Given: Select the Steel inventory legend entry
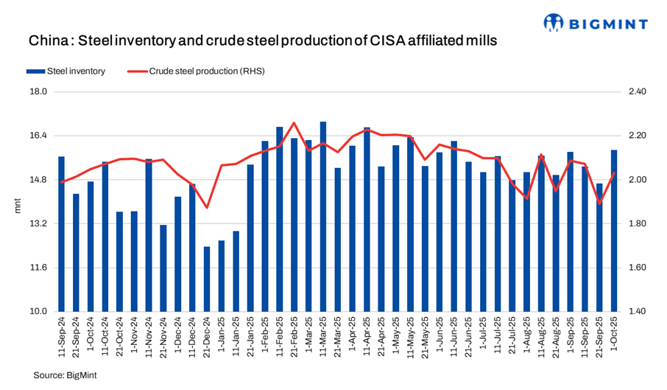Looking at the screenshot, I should (66, 72).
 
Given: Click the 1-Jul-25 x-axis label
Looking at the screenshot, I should (484, 335).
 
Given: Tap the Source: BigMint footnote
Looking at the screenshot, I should (65, 375).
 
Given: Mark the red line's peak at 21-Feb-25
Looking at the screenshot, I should (294, 123).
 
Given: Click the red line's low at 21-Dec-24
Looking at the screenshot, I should (207, 207).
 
